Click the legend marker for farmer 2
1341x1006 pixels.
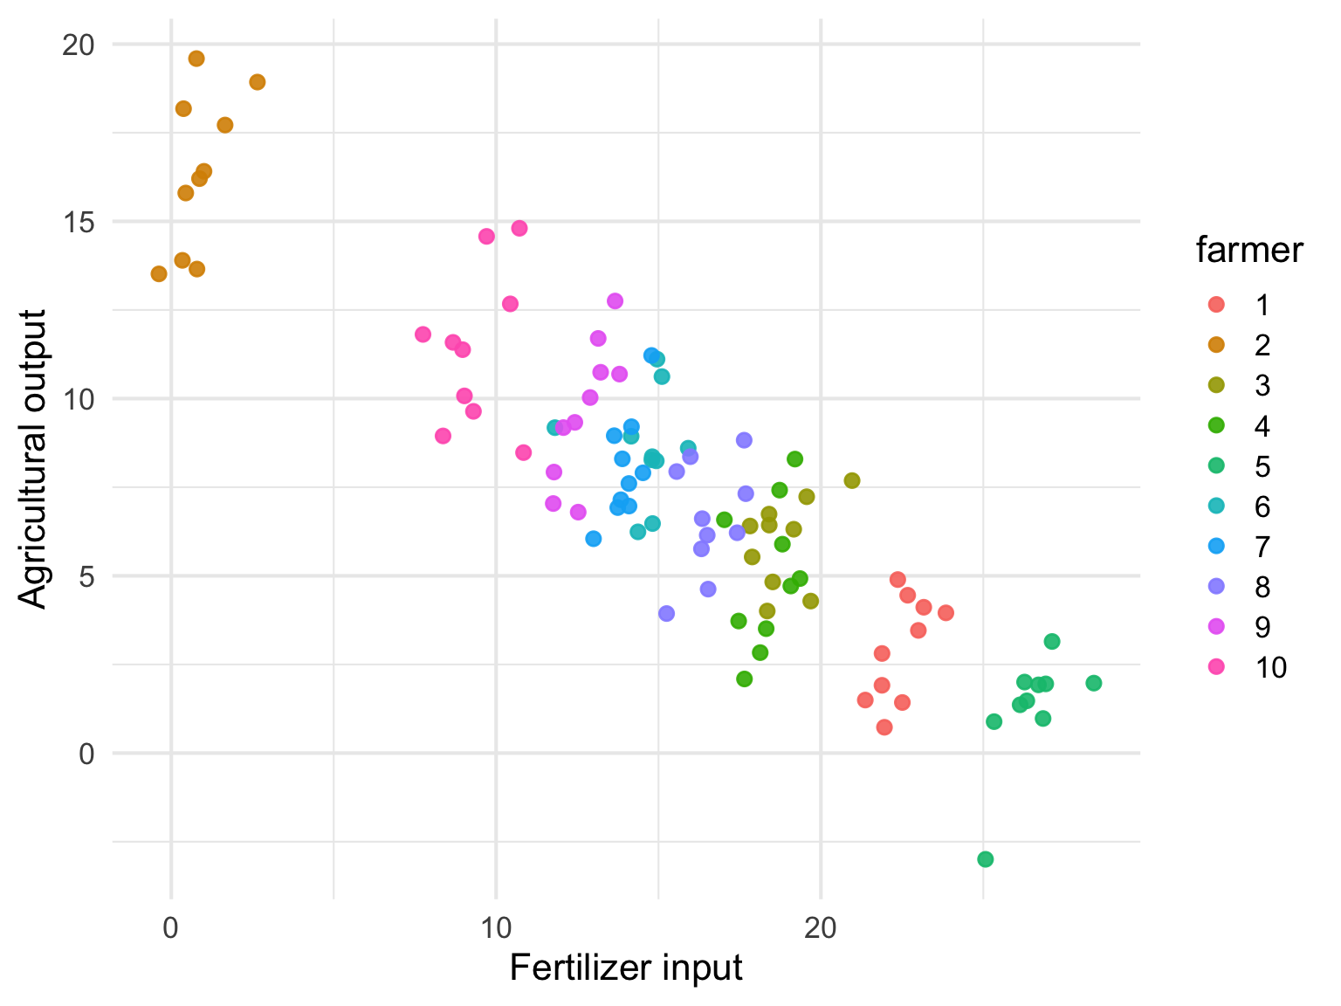coord(1215,345)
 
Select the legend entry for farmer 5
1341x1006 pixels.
coord(1215,466)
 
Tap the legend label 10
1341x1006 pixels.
coord(1270,668)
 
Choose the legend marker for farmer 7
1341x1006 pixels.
coord(1215,547)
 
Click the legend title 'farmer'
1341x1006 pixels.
coord(1248,251)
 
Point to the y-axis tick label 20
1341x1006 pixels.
coord(78,45)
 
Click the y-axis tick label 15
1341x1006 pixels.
coord(78,222)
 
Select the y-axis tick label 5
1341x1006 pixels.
coord(86,576)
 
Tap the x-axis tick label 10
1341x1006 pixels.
coord(496,927)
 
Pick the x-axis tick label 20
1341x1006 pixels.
coord(821,927)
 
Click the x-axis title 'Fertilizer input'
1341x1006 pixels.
coord(626,968)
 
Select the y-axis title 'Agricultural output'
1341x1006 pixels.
coord(33,458)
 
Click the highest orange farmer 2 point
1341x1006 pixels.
coord(196,59)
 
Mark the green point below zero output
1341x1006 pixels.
coord(986,859)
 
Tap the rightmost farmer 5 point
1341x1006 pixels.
coord(1094,683)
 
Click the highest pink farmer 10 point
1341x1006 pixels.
coord(519,228)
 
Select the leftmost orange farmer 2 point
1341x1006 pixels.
coord(159,274)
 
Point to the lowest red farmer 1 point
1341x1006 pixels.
coord(884,727)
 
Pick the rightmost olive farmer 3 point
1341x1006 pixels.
coord(852,480)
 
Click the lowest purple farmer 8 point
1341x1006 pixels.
coord(667,614)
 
